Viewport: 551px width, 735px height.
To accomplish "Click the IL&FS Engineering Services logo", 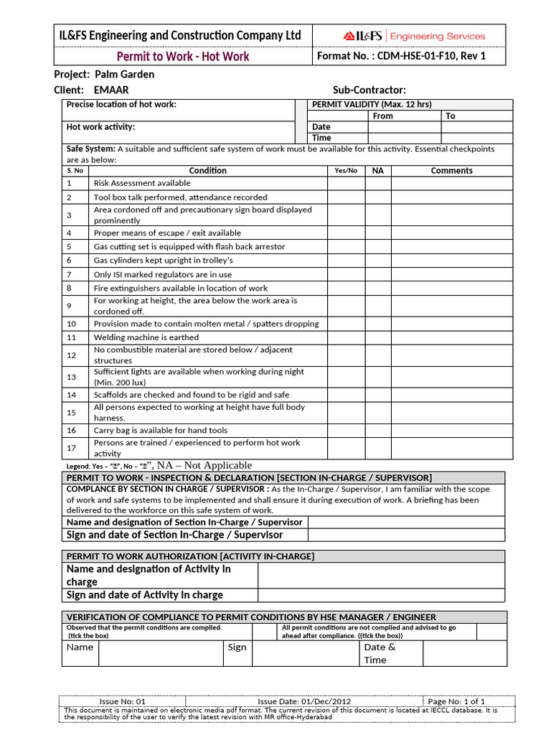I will coord(414,36).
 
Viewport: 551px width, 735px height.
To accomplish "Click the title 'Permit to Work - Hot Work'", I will coord(183,57).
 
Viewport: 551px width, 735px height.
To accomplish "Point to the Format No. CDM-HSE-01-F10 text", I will coord(401,56).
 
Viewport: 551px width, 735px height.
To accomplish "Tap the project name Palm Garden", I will coord(124,74).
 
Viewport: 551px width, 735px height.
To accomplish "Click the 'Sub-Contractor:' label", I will coord(369,90).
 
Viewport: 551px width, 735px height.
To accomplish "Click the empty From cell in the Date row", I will coord(403,127).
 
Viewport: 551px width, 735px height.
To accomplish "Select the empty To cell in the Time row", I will coord(476,138).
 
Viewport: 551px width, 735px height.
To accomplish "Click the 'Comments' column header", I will coord(451,171).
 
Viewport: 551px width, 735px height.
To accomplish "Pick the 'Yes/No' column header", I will coord(346,171).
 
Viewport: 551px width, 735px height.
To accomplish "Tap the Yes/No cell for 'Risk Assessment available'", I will coord(346,184).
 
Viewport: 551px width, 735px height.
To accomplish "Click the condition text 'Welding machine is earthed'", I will coord(146,337).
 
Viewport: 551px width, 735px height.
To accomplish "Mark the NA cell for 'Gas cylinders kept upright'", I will coord(377,260).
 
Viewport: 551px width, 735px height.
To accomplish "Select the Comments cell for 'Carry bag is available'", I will coord(451,431).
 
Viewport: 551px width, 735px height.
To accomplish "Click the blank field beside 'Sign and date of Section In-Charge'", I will coord(406,535).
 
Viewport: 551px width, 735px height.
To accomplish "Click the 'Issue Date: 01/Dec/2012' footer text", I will coord(304,701).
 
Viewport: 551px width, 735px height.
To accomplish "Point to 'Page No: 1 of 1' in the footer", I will coord(456,701).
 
